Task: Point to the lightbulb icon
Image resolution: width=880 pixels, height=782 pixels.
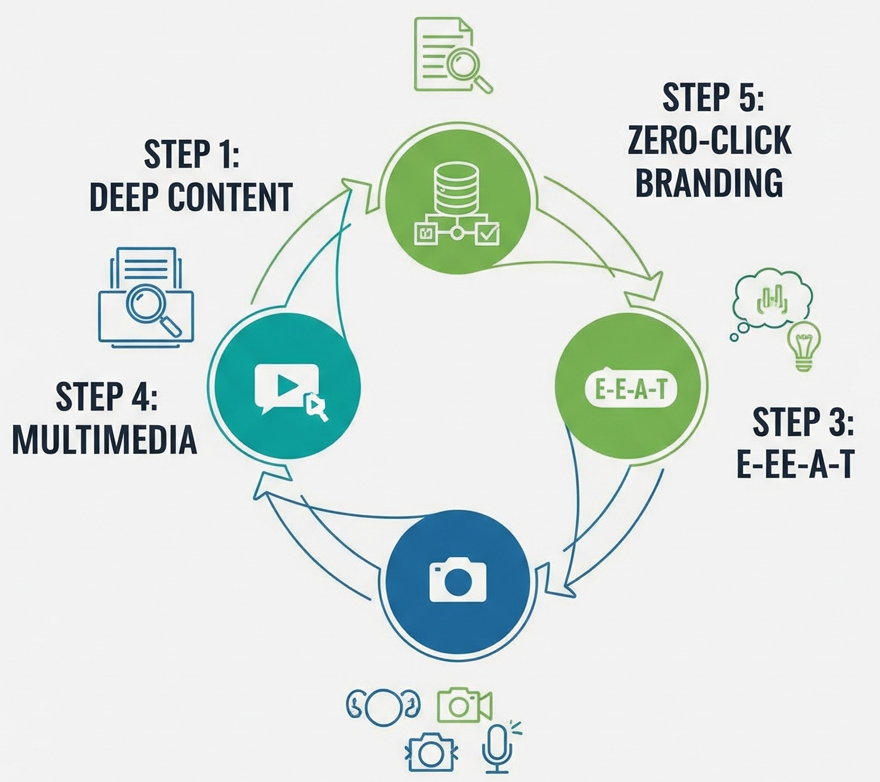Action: click(x=805, y=346)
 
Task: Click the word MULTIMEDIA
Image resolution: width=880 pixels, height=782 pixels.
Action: click(x=104, y=439)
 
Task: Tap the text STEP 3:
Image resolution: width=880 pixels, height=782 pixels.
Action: click(x=803, y=422)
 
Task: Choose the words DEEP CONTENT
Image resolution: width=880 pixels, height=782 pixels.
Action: click(x=191, y=196)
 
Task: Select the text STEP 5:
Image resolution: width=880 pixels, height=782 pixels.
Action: click(x=713, y=97)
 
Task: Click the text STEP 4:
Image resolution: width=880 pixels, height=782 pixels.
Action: click(x=106, y=396)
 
